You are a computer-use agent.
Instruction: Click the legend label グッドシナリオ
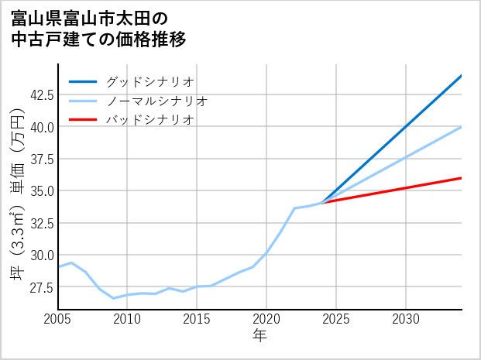point(150,81)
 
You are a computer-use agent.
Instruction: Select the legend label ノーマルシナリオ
point(157,101)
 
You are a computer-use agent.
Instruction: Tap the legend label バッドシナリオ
point(150,120)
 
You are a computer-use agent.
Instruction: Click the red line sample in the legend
point(84,120)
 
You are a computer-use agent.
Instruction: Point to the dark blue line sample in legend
point(84,81)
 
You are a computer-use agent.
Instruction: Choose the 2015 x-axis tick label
point(197,319)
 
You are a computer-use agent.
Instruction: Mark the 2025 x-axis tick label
point(336,319)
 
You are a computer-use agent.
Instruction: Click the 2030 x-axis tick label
point(406,319)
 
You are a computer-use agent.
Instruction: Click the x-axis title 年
point(260,336)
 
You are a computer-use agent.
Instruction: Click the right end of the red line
point(462,178)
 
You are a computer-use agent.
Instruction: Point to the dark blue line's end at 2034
point(462,75)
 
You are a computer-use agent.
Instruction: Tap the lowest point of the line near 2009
point(113,298)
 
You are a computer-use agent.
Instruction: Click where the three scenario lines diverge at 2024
point(322,203)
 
